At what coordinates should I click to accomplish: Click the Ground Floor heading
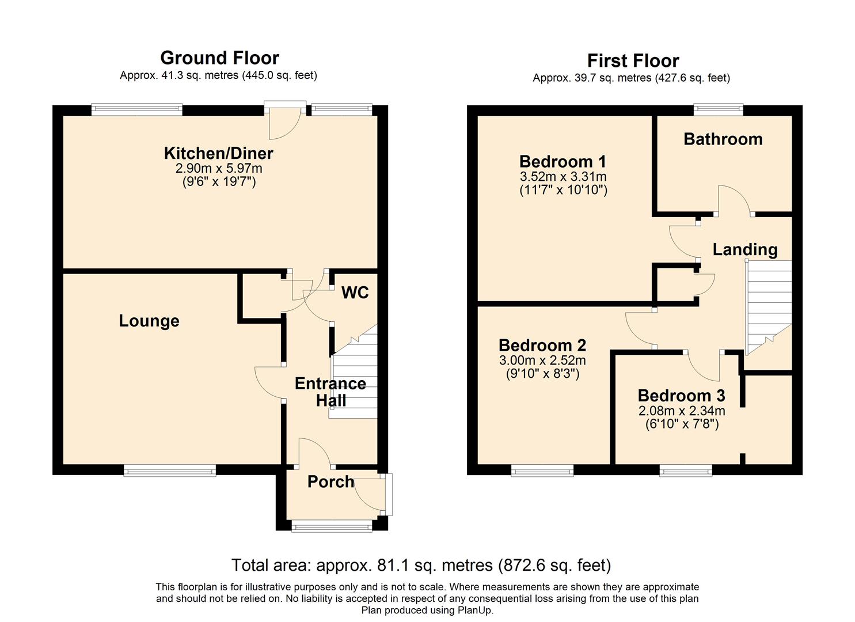[x=219, y=58]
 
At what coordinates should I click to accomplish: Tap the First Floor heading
[x=633, y=60]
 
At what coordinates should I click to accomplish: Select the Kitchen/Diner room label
[x=218, y=153]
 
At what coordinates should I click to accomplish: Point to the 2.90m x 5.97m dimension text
[x=218, y=168]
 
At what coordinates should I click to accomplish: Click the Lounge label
[x=149, y=321]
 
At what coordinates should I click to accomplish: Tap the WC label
[x=355, y=293]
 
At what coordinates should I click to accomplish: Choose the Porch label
[x=330, y=481]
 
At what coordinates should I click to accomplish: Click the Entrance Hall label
[x=330, y=392]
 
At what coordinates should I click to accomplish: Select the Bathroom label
[x=723, y=139]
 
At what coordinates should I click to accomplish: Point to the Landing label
[x=744, y=249]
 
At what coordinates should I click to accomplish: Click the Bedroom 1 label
[x=563, y=161]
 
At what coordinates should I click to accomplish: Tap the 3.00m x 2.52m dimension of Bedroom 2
[x=542, y=361]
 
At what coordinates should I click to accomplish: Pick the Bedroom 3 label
[x=681, y=396]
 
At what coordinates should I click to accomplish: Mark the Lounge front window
[x=170, y=471]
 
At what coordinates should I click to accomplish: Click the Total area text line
[x=421, y=565]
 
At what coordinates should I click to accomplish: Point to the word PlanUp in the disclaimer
[x=473, y=610]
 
